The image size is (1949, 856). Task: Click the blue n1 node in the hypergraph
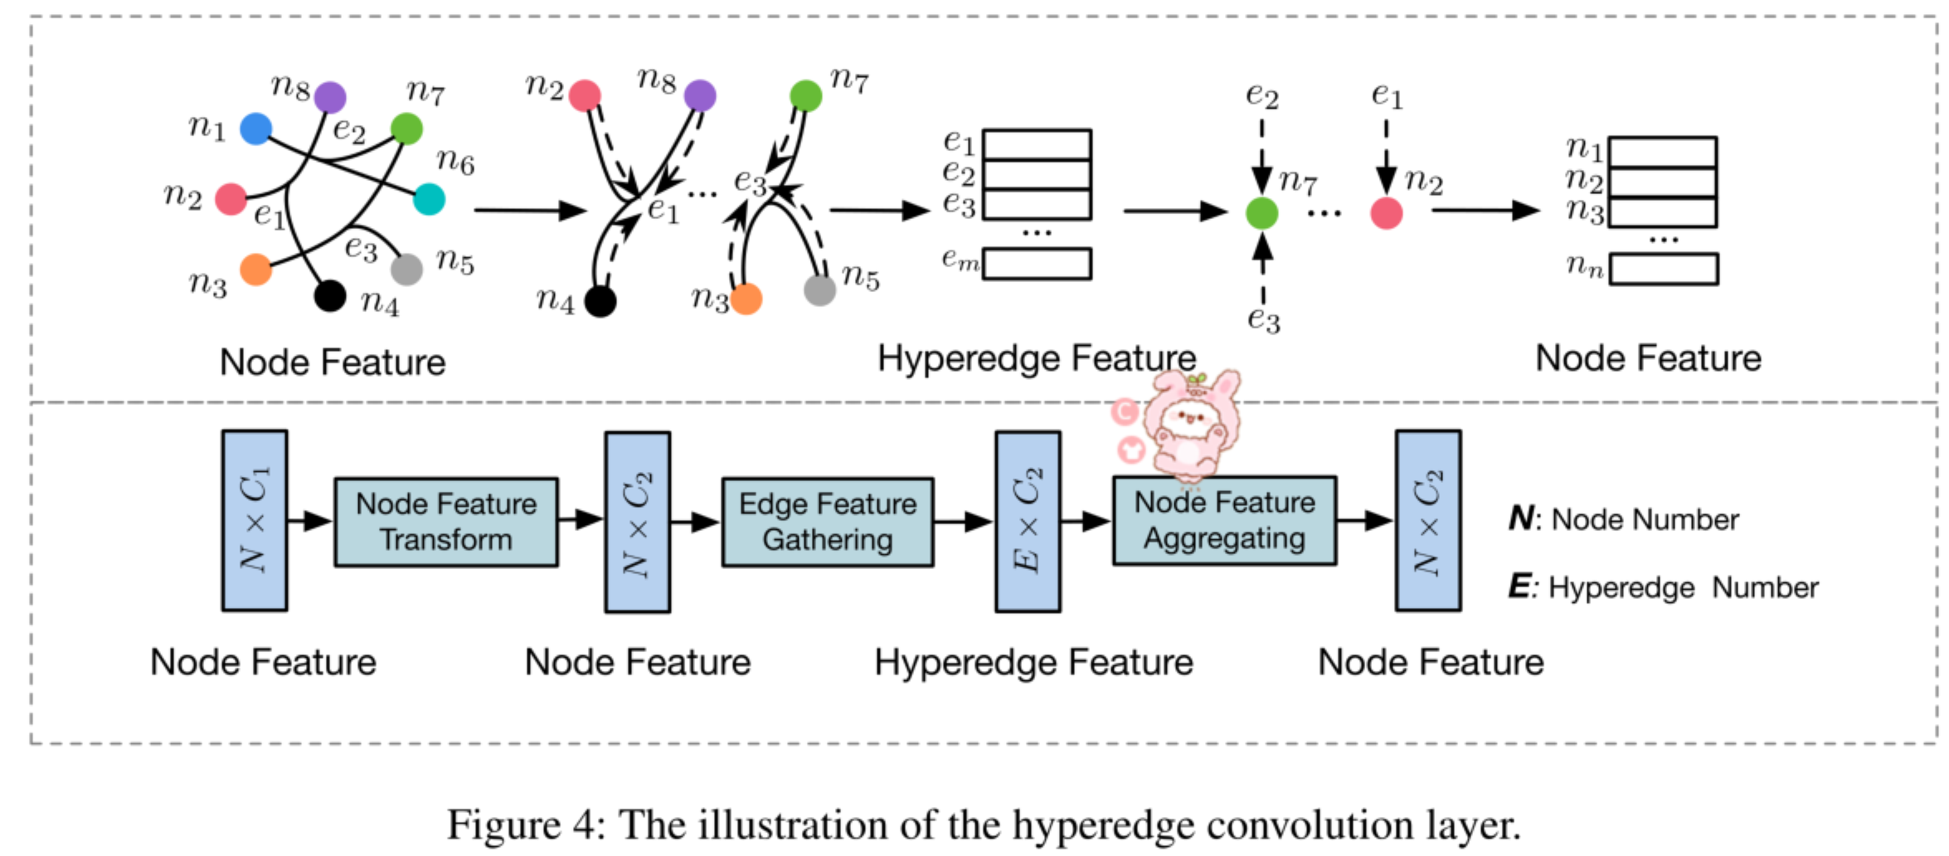pos(255,129)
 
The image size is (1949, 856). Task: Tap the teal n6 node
pos(429,199)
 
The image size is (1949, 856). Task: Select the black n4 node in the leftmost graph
pos(329,296)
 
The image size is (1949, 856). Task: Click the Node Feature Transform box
pos(446,523)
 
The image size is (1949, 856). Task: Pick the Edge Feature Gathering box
pos(827,523)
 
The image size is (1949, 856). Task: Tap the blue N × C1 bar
pos(255,521)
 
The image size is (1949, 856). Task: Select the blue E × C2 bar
pos(1028,521)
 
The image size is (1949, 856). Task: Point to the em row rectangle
pos(1037,264)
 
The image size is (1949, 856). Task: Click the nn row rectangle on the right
pos(1663,270)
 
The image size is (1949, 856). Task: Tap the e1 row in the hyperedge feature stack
pos(1037,144)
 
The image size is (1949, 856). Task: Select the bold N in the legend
pos(1520,519)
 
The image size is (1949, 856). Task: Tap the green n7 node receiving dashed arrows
pos(1261,213)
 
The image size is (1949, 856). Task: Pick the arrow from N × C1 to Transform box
pos(309,522)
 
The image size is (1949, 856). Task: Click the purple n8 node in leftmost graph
pos(329,98)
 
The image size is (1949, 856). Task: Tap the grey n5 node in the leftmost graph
pos(406,269)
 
